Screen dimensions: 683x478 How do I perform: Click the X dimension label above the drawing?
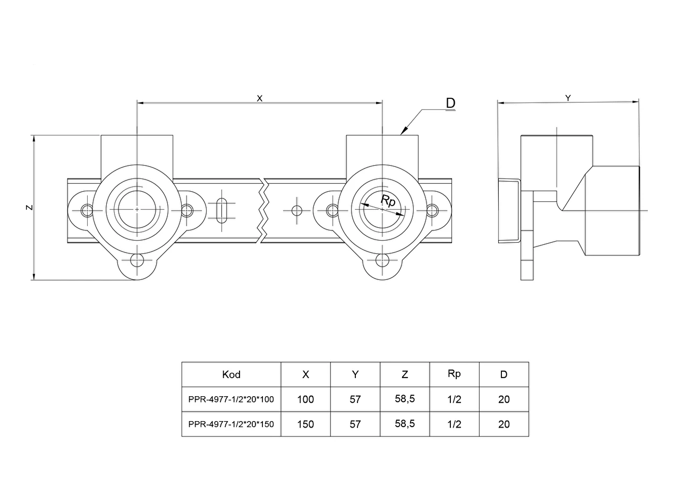(x=260, y=98)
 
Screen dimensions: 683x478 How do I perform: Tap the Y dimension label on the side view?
(x=568, y=98)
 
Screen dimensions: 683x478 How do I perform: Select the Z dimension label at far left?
(x=29, y=208)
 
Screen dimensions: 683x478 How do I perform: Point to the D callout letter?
(x=450, y=103)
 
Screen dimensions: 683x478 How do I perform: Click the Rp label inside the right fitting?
(x=388, y=201)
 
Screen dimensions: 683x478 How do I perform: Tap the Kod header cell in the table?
(x=231, y=374)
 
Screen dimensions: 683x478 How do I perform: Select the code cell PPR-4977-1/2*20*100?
(x=231, y=399)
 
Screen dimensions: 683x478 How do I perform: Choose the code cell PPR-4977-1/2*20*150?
(x=231, y=424)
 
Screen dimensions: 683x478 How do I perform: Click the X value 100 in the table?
(x=305, y=399)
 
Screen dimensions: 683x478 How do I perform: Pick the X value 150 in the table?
(x=305, y=424)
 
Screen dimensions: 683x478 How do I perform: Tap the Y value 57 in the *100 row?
(x=355, y=399)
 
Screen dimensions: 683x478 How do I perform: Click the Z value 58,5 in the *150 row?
(x=405, y=424)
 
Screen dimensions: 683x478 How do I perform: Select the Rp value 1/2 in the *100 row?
(x=454, y=399)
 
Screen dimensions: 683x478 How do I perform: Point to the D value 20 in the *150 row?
(x=504, y=424)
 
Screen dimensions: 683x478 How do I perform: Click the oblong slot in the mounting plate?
(x=221, y=211)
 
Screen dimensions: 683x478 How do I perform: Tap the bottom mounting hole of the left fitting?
(x=137, y=260)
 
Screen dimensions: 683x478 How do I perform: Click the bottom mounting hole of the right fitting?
(x=382, y=260)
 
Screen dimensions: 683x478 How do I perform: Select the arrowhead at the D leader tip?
(x=404, y=131)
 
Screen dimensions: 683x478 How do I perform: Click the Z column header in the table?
(x=405, y=374)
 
